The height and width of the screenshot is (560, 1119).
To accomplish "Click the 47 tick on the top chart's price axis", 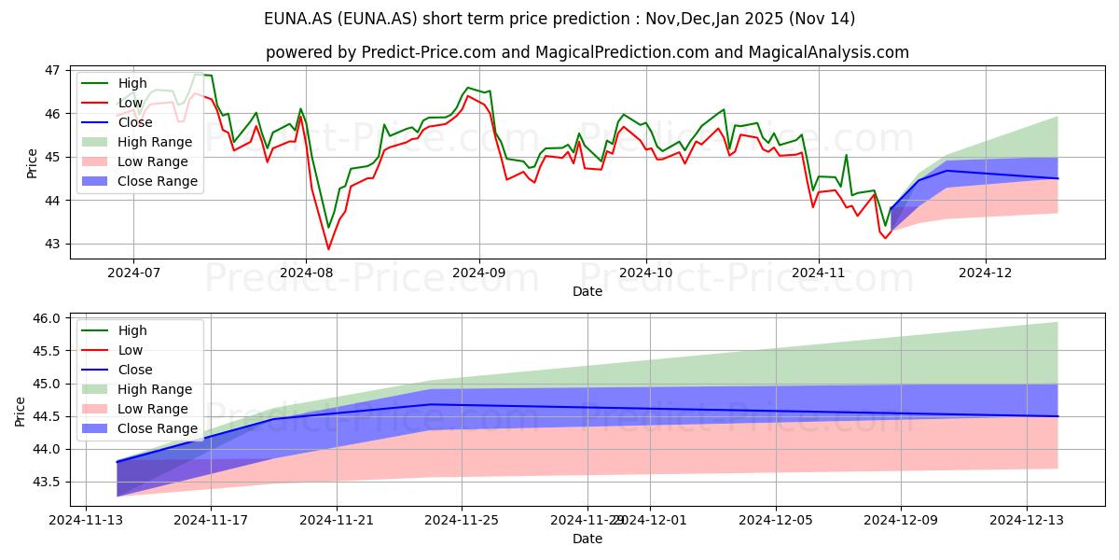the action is pos(52,71).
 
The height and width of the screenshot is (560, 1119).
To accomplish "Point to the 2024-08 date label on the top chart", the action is pos(306,273).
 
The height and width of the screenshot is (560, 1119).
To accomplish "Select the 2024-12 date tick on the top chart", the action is pos(986,273).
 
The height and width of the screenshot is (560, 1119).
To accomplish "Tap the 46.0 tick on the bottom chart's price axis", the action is pos(46,318).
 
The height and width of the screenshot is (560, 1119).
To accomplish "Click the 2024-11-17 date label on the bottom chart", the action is pos(211,521).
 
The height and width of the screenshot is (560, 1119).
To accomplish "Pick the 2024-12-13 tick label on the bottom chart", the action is pos(1027,521).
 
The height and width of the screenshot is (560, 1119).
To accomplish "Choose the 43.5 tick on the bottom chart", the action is pos(46,482).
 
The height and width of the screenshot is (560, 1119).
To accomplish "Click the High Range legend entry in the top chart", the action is pos(137,142).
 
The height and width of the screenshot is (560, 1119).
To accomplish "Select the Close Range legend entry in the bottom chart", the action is pos(140,428).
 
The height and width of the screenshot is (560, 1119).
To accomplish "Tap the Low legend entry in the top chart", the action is pos(113,103).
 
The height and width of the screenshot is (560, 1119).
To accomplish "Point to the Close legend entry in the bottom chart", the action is pos(117,370).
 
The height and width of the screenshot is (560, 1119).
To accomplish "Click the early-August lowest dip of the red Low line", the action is pos(328,249).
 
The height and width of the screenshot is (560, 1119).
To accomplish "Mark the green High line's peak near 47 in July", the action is pos(199,74).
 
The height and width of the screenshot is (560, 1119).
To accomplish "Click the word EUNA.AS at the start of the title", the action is pos(298,19).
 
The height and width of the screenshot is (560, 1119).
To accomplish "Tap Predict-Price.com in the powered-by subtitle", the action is pos(429,52).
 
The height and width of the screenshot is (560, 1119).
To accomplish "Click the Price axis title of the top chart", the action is pos(32,163).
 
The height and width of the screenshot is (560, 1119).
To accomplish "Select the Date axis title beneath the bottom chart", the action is pos(587,539).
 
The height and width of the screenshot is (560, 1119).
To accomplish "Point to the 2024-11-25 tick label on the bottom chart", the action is pos(462,521).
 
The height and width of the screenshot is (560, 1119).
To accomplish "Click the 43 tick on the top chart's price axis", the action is pos(52,244).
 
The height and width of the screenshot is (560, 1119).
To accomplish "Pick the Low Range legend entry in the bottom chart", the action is pos(135,409).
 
